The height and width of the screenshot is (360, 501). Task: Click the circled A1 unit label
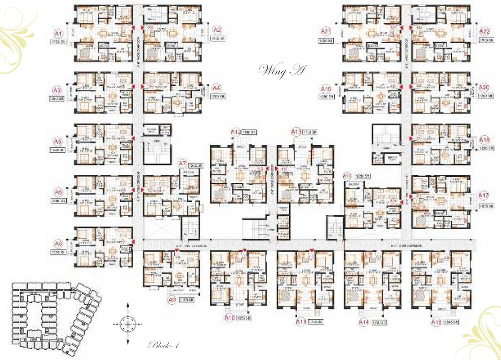[x=58, y=34]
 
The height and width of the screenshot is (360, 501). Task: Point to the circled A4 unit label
[x=216, y=88]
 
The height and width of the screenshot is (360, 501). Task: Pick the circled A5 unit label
[x=58, y=141]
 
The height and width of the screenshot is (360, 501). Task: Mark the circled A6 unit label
[x=58, y=192]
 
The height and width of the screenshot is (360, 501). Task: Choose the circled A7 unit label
[x=183, y=163]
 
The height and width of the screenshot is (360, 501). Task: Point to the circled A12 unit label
[x=236, y=133]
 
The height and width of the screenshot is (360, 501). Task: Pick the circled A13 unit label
[x=296, y=132]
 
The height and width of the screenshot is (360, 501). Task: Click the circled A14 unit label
[x=364, y=322]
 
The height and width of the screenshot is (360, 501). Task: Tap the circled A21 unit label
[x=326, y=31]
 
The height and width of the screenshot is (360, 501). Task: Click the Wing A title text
[x=282, y=71]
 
